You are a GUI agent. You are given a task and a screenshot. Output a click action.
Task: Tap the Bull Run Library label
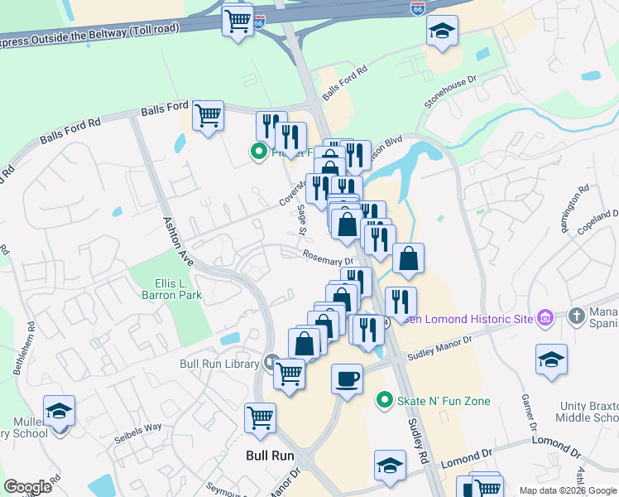click(x=220, y=363)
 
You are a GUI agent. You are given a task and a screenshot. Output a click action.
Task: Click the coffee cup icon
click(x=347, y=379)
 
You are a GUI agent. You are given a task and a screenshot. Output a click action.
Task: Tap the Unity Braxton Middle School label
click(x=585, y=426)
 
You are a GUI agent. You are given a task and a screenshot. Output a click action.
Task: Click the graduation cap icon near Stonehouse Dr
click(x=442, y=31)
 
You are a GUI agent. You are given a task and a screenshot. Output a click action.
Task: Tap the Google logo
click(x=27, y=487)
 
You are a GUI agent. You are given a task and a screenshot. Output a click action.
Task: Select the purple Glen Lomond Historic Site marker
click(x=545, y=318)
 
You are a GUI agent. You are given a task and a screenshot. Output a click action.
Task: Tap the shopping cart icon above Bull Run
click(x=260, y=416)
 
